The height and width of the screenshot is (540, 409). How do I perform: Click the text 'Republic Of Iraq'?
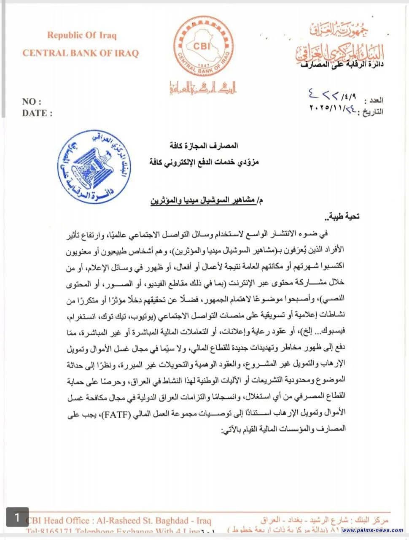click(x=82, y=35)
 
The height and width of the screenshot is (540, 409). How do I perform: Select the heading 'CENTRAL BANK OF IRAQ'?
click(x=80, y=53)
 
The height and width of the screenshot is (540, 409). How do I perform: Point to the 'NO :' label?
click(x=32, y=102)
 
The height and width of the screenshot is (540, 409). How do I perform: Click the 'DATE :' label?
click(x=37, y=113)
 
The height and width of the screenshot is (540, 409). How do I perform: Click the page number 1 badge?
click(x=17, y=517)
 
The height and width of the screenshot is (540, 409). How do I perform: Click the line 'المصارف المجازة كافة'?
click(x=207, y=146)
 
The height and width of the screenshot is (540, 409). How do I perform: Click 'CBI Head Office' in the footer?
click(x=57, y=521)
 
